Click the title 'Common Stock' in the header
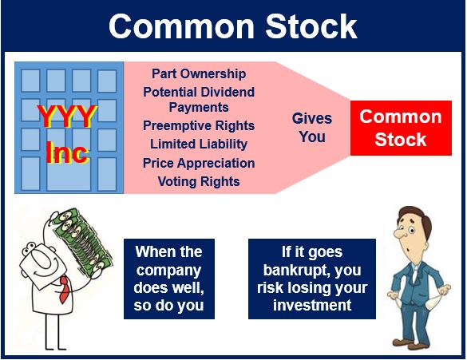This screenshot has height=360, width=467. [x=233, y=26]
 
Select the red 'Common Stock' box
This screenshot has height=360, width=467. [x=401, y=128]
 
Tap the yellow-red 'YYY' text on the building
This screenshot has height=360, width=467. [x=67, y=116]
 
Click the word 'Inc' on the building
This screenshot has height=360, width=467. [x=67, y=152]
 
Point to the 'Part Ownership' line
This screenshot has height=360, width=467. [x=199, y=74]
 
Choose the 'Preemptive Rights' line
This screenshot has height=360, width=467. [x=199, y=125]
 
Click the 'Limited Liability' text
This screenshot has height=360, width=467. [x=199, y=144]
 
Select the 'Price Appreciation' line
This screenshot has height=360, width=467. [x=199, y=163]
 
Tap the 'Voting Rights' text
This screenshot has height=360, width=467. [x=199, y=181]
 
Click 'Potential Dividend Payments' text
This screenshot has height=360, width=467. [x=199, y=100]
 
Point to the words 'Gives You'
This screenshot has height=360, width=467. [x=312, y=128]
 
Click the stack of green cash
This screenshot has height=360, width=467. [x=83, y=241]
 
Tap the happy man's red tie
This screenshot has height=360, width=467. [x=65, y=290]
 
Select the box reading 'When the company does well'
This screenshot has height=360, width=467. [x=169, y=279]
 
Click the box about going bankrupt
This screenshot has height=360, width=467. [x=312, y=279]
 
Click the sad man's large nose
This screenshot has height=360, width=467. [x=400, y=232]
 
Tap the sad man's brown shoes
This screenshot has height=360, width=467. [x=412, y=345]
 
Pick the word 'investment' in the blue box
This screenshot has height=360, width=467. [x=312, y=306]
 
